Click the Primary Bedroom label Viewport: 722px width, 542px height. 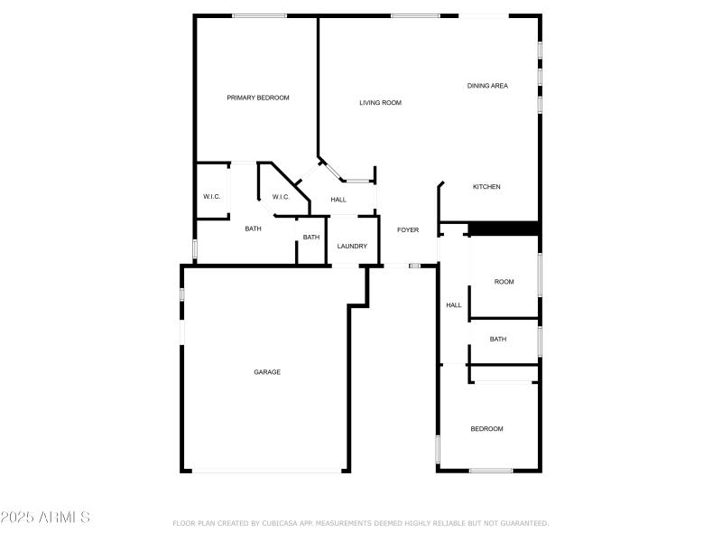(258, 98)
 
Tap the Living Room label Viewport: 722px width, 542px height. (380, 103)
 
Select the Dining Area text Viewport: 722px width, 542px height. (487, 86)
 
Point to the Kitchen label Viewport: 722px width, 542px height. (486, 187)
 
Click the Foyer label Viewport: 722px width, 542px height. (408, 230)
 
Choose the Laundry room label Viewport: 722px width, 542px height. (352, 247)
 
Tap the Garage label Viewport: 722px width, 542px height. (267, 372)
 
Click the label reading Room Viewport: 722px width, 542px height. (504, 282)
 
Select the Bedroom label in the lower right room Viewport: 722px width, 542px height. (486, 429)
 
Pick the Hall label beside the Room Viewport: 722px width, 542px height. (453, 305)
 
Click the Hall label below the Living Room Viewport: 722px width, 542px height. (338, 200)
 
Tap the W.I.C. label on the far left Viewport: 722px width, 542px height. (212, 197)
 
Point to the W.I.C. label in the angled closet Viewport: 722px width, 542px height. (281, 197)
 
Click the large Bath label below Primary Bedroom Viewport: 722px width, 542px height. (254, 229)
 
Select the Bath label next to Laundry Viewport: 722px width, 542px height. (310, 238)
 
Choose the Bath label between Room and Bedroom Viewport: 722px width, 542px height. (498, 340)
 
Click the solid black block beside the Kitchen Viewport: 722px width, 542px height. (503, 229)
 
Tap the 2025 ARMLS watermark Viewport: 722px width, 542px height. (45, 518)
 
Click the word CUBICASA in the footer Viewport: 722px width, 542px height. (279, 523)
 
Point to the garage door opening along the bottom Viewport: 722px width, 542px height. (267, 471)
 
